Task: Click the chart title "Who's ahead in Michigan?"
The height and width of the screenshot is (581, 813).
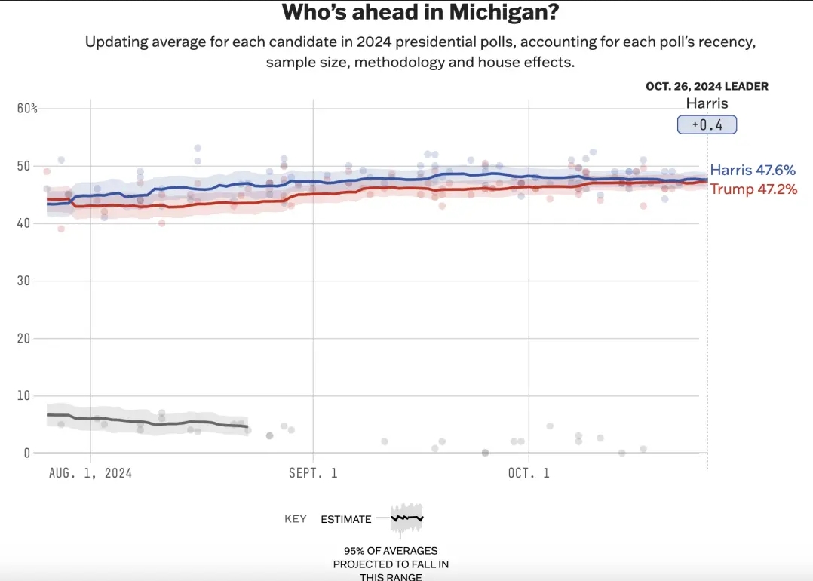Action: click(422, 13)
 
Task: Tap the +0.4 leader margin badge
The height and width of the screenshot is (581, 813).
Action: click(707, 125)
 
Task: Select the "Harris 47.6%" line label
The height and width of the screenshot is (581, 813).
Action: click(753, 171)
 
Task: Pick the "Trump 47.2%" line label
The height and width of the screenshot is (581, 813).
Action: click(753, 189)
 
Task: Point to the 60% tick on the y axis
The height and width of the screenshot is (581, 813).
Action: click(27, 109)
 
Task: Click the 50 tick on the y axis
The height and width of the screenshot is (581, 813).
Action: click(24, 166)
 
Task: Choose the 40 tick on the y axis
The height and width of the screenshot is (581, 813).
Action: click(24, 223)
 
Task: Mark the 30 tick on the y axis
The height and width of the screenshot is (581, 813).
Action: click(24, 281)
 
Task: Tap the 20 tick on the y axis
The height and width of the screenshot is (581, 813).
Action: click(24, 339)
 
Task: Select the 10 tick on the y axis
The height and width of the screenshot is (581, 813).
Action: click(24, 396)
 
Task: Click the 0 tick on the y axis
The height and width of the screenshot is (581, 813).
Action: click(27, 453)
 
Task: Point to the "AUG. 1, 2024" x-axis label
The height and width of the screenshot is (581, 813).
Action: click(91, 473)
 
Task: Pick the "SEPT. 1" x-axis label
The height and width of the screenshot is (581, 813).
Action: click(312, 473)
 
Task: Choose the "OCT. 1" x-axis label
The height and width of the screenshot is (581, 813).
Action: click(529, 473)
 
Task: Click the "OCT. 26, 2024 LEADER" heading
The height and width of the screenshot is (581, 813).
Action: click(707, 87)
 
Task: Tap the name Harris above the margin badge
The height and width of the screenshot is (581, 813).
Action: click(707, 104)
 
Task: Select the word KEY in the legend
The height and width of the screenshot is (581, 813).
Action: click(296, 519)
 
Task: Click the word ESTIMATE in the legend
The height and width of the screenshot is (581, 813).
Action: click(346, 519)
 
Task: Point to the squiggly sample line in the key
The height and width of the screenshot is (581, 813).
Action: click(407, 518)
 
